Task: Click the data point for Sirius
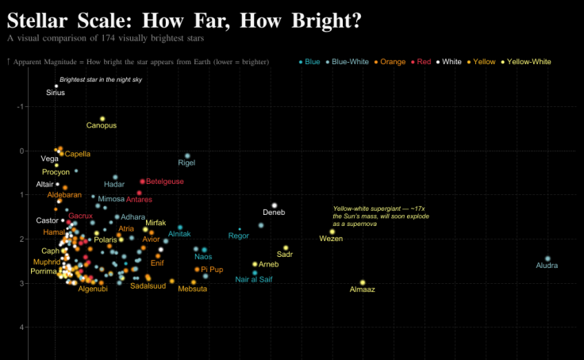[x=56, y=86]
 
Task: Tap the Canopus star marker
[x=102, y=118]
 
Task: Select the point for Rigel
[x=187, y=155]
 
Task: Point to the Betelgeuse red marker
[x=143, y=182]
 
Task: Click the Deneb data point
[x=275, y=205]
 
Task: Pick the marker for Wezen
[x=332, y=232]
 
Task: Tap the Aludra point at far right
[x=547, y=259]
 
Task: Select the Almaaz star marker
[x=363, y=282]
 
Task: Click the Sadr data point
[x=286, y=247]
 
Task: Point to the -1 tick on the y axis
[x=21, y=106]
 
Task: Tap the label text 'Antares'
[x=139, y=200]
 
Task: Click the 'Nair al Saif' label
[x=254, y=279]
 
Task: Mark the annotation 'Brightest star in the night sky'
[x=101, y=79]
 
